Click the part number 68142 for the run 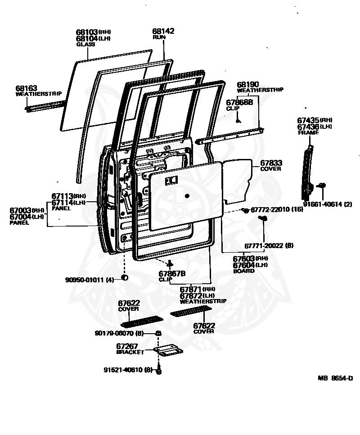163,31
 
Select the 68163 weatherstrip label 26,89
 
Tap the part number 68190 248,85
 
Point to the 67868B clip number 239,103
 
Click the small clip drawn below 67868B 238,120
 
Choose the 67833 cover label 270,163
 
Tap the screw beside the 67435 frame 322,185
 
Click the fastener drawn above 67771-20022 263,218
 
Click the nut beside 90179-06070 158,333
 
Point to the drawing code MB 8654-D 335,378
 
